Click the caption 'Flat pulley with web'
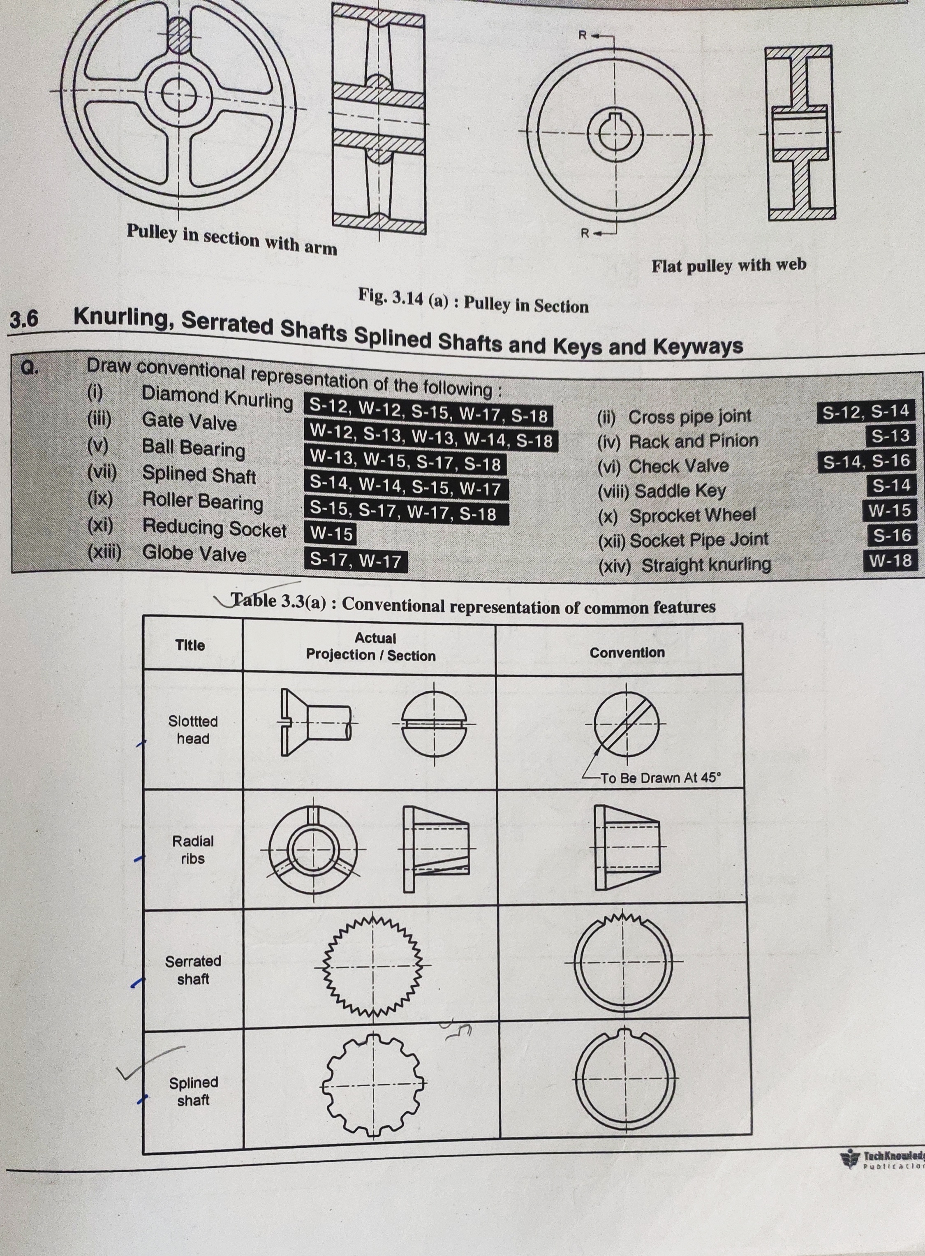click(728, 265)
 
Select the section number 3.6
click(24, 319)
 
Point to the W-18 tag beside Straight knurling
click(890, 560)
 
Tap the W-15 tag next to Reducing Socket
click(331, 533)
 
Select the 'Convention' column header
click(627, 652)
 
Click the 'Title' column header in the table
click(190, 645)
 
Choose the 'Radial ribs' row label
click(193, 849)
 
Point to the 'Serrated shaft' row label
click(193, 970)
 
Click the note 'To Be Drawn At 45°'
click(661, 777)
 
